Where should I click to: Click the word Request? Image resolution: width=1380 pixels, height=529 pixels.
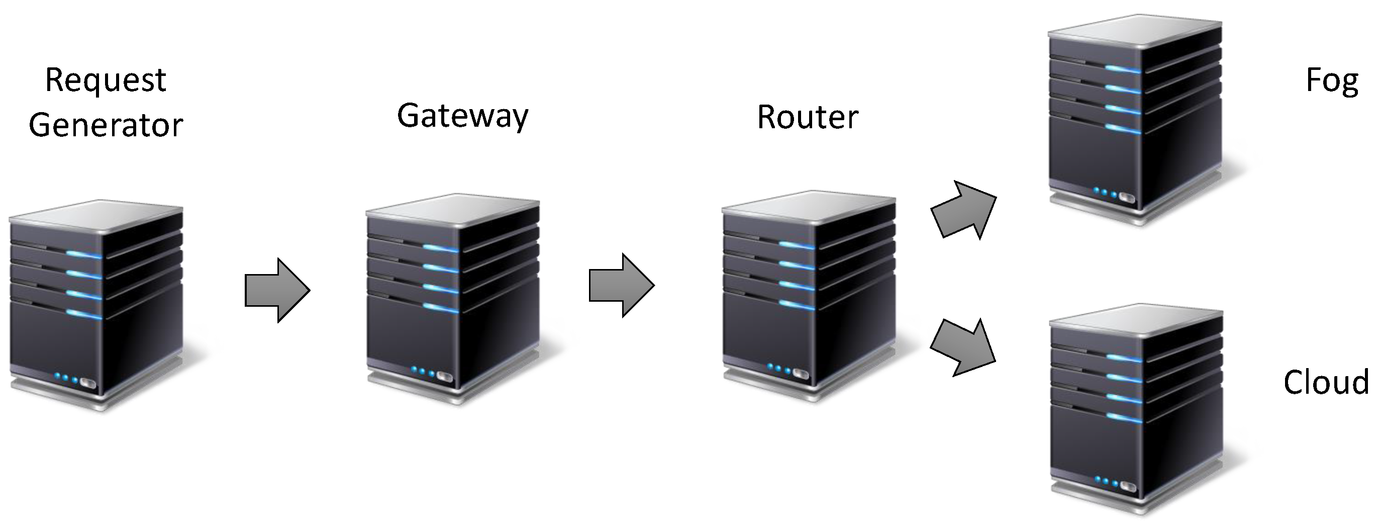pyautogui.click(x=106, y=81)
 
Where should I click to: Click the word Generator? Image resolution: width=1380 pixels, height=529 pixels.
pyautogui.click(x=106, y=125)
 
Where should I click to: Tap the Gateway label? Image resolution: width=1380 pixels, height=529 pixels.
pyautogui.click(x=462, y=116)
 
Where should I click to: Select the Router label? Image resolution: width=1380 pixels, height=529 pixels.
pyautogui.click(x=807, y=117)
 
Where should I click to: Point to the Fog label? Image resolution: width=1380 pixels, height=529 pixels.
pyautogui.click(x=1332, y=81)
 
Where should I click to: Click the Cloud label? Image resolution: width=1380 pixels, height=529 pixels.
pyautogui.click(x=1326, y=382)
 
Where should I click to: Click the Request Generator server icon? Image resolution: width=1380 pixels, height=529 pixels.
pyautogui.click(x=96, y=306)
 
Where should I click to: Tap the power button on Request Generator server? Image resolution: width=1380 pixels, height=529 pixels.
pyautogui.click(x=88, y=384)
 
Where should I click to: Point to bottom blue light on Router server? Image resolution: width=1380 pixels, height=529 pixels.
pyautogui.click(x=796, y=304)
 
